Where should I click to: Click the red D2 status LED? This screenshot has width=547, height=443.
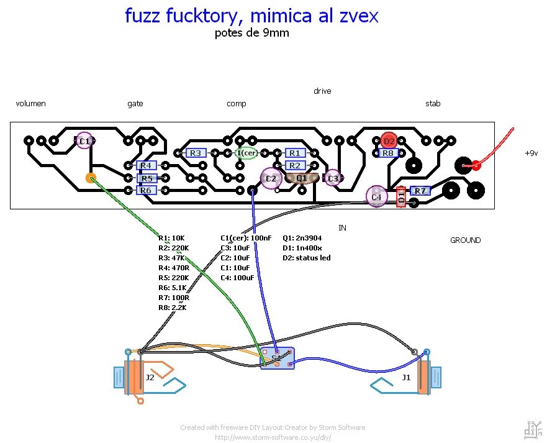pyautogui.click(x=389, y=141)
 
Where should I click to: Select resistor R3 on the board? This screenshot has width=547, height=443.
pyautogui.click(x=196, y=153)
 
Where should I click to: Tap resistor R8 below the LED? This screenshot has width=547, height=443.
pyautogui.click(x=388, y=153)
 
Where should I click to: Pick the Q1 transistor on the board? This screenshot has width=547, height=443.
pyautogui.click(x=302, y=178)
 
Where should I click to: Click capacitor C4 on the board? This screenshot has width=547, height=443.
pyautogui.click(x=376, y=197)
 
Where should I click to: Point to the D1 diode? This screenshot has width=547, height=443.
pyautogui.click(x=400, y=197)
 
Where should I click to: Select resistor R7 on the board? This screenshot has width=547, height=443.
pyautogui.click(x=420, y=191)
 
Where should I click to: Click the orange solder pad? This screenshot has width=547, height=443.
pyautogui.click(x=91, y=178)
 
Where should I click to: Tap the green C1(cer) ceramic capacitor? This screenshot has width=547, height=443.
pyautogui.click(x=246, y=153)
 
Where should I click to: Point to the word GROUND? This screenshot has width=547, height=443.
pyautogui.click(x=465, y=240)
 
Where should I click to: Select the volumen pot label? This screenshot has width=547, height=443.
pyautogui.click(x=31, y=104)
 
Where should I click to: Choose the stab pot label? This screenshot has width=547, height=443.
pyautogui.click(x=433, y=104)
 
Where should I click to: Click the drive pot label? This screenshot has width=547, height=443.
pyautogui.click(x=322, y=91)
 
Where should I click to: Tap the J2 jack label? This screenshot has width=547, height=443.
pyautogui.click(x=150, y=377)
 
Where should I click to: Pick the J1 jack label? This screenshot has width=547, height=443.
pyautogui.click(x=406, y=377)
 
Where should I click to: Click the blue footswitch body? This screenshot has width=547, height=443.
pyautogui.click(x=277, y=359)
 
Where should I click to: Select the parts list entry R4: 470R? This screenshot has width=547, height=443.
pyautogui.click(x=172, y=268)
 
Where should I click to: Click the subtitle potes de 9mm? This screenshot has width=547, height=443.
pyautogui.click(x=251, y=34)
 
